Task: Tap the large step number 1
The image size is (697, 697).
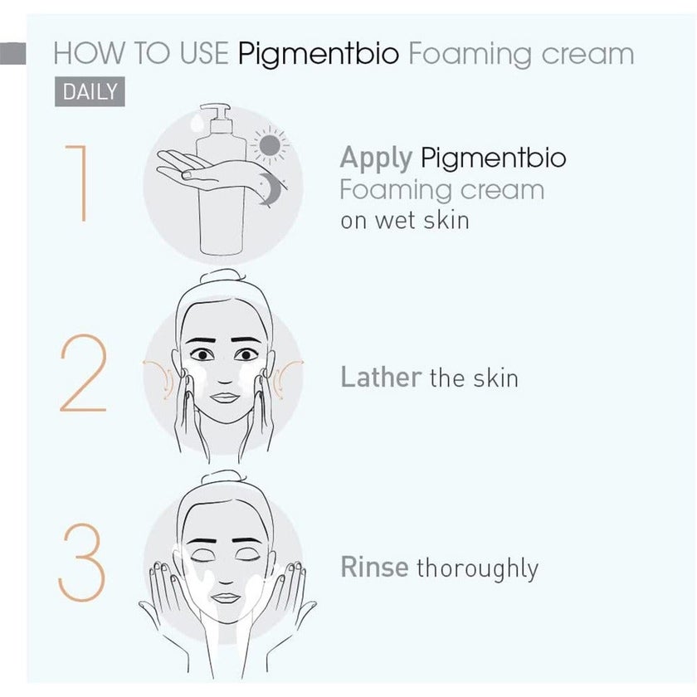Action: click(x=76, y=183)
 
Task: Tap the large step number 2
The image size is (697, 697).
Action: click(x=83, y=374)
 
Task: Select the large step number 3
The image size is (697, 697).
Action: click(x=83, y=564)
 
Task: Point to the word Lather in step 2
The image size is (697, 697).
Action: click(x=381, y=378)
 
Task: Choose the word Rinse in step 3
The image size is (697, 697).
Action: click(x=374, y=568)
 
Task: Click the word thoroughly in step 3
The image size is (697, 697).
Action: click(x=477, y=569)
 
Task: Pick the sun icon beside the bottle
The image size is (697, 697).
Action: click(x=269, y=147)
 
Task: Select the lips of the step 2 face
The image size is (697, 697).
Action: click(x=224, y=396)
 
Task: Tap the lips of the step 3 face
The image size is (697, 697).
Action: click(x=225, y=597)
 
